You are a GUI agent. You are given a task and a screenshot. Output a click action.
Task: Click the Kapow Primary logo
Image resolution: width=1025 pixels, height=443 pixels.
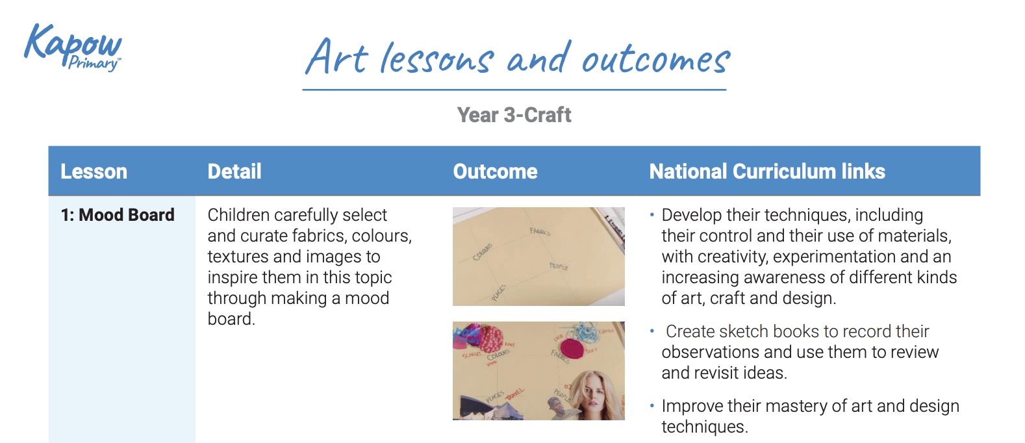(x=73, y=47)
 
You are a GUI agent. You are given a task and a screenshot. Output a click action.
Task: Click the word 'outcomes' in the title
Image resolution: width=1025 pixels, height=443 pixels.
(x=655, y=60)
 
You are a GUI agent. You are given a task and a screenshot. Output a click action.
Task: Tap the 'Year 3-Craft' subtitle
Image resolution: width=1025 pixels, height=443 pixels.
(x=514, y=115)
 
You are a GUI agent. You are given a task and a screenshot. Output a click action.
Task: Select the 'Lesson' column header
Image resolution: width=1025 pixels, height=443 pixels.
(x=94, y=171)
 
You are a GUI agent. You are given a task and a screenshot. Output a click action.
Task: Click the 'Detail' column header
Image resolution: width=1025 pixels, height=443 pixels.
(x=234, y=171)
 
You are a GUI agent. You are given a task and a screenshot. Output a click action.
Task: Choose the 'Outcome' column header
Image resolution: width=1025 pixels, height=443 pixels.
(x=495, y=171)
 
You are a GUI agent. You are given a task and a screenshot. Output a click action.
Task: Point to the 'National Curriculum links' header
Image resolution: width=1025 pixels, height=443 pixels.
(x=766, y=171)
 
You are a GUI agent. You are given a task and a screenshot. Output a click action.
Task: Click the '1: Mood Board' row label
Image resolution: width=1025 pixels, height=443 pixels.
(x=118, y=215)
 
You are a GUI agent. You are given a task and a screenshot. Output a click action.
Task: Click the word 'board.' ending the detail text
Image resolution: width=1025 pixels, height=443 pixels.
(x=231, y=319)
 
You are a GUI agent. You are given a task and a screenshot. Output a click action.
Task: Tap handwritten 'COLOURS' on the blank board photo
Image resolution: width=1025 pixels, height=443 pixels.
(x=483, y=252)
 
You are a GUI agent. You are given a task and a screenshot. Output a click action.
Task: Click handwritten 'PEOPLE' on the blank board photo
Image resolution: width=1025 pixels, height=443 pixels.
(x=559, y=266)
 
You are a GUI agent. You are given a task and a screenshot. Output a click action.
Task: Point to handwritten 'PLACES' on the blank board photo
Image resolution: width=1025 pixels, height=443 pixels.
(x=498, y=293)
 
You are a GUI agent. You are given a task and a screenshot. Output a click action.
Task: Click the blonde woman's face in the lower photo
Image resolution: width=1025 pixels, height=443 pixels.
(x=592, y=394)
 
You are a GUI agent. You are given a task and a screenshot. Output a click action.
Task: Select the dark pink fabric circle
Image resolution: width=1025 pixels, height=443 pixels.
(x=572, y=348)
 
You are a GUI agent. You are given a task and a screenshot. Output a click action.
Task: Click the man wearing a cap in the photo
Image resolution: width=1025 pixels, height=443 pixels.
(x=555, y=407)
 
